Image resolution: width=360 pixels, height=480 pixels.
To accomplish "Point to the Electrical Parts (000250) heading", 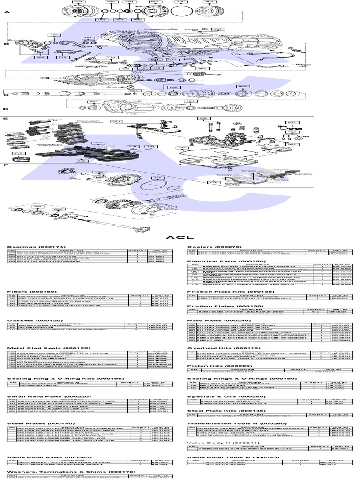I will pos(220,261).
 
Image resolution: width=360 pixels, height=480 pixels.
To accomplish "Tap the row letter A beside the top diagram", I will pos(6,13).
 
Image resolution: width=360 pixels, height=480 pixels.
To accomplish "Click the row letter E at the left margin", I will pos(6,119).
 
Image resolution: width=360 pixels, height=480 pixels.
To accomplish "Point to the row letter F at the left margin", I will pos(6,165).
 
